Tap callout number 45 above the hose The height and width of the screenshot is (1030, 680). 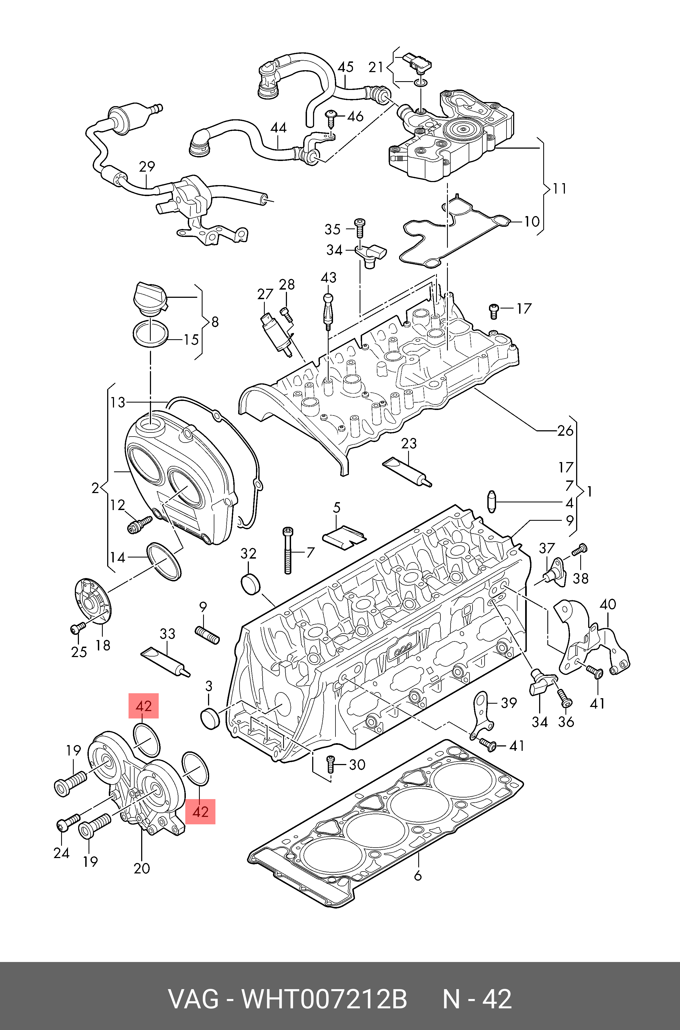click(x=346, y=67)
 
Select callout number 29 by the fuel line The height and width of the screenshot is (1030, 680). click(x=147, y=167)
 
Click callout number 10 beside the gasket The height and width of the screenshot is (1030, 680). click(x=532, y=222)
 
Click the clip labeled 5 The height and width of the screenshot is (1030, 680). click(x=344, y=536)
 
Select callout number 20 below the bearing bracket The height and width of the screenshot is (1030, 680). click(x=142, y=868)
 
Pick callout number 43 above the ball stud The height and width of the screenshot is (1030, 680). click(x=329, y=277)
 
